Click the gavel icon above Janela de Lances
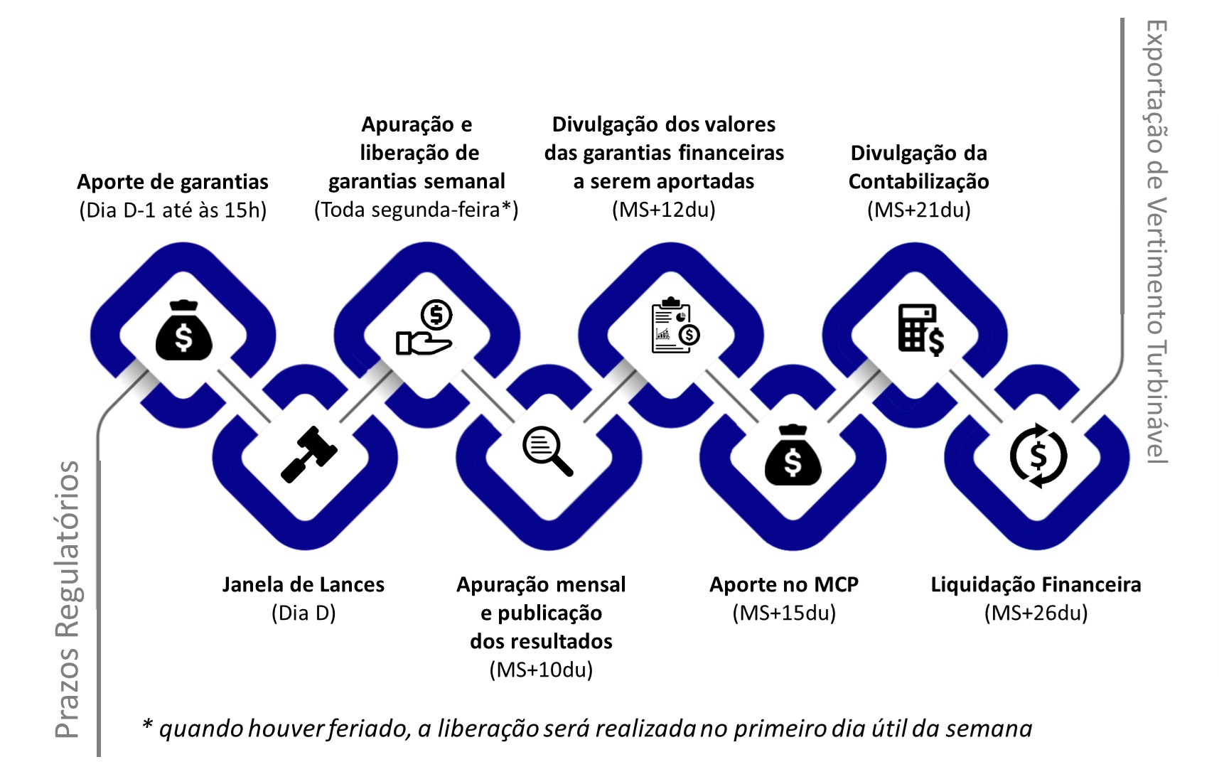[308, 455]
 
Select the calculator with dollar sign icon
[921, 330]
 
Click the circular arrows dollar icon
[1038, 456]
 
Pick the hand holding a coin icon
[425, 328]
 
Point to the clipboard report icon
[675, 326]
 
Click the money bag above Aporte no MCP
[793, 455]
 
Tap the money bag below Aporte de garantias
[184, 331]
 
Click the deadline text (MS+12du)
[664, 210]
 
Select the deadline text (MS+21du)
[919, 210]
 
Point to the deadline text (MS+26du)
[1036, 613]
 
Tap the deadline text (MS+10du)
[541, 670]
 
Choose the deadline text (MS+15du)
[784, 613]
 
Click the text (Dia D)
[304, 613]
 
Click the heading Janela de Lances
[304, 584]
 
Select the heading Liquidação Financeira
[1036, 584]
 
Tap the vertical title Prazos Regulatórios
[68, 599]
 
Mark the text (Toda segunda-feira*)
[417, 210]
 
